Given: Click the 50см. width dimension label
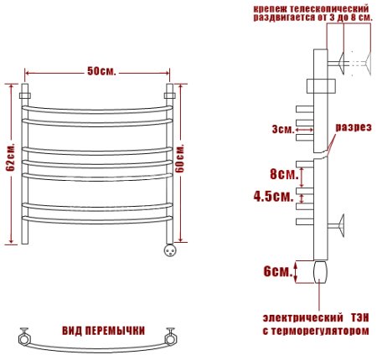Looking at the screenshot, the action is [101, 71].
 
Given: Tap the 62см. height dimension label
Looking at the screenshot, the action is [11, 158].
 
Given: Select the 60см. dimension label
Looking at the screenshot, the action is [180, 158].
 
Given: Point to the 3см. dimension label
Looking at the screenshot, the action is [283, 130].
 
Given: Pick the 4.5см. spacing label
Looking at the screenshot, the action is [273, 197].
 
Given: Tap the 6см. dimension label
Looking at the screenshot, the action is [278, 271].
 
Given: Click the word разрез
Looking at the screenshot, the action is [354, 127].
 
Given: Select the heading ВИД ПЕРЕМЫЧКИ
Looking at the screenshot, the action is [103, 331].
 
